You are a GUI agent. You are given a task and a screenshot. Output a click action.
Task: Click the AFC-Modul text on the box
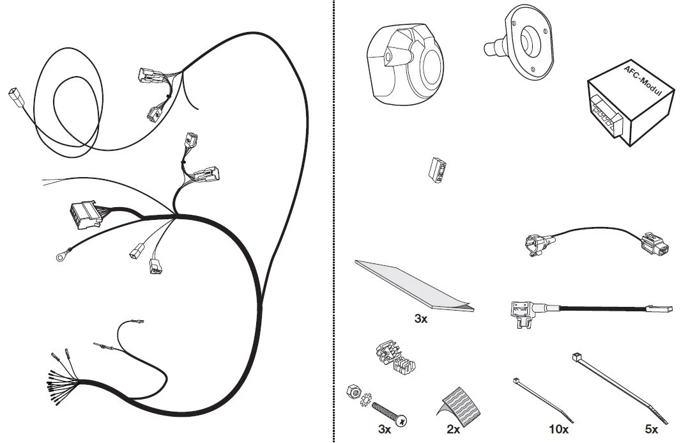click(643, 81)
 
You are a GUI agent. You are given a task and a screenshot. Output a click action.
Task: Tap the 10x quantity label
click(558, 430)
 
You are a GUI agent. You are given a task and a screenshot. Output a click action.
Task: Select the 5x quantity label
click(651, 430)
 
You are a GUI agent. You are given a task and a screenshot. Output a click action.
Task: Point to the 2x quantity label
click(453, 430)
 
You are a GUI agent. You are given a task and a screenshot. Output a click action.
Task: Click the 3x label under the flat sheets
click(420, 318)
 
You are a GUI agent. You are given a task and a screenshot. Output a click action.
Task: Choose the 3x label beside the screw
click(385, 430)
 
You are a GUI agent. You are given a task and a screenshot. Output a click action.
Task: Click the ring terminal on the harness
click(60, 258)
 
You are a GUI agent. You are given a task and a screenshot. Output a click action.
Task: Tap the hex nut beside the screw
click(353, 391)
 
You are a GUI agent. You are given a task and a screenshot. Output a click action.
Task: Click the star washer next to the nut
click(366, 400)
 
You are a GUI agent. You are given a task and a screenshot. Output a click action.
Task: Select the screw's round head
click(402, 421)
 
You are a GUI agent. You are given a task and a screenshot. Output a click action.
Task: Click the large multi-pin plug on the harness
click(85, 214)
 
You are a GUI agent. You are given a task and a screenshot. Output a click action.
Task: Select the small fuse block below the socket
click(437, 170)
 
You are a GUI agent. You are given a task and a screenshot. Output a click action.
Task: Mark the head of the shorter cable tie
click(516, 381)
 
